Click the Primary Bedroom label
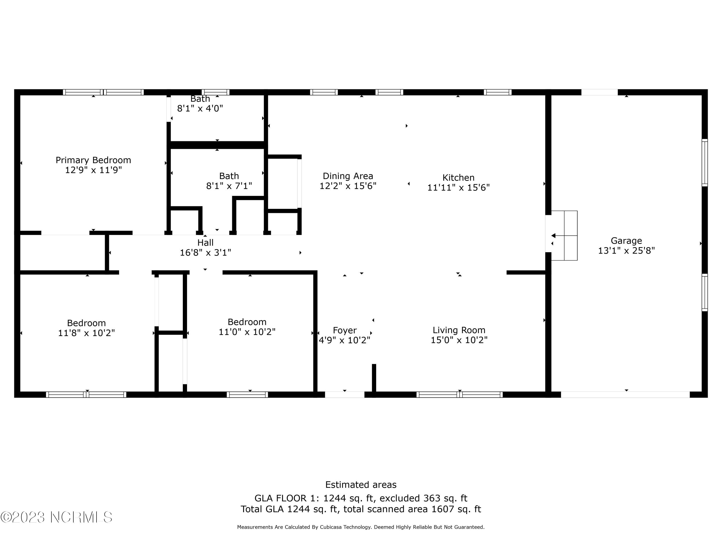[93, 160]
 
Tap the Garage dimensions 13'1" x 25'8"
[626, 251]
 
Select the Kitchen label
[458, 178]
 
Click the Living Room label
[459, 330]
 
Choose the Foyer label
[345, 330]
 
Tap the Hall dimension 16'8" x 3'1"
[205, 252]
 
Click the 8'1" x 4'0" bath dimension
[200, 108]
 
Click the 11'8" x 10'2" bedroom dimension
[86, 333]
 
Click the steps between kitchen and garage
[564, 236]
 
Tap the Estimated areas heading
[361, 484]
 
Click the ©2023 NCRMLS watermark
[56, 517]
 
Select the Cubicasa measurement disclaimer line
[361, 527]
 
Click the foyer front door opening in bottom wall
[344, 395]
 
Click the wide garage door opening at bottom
[625, 395]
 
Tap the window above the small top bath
[215, 92]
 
